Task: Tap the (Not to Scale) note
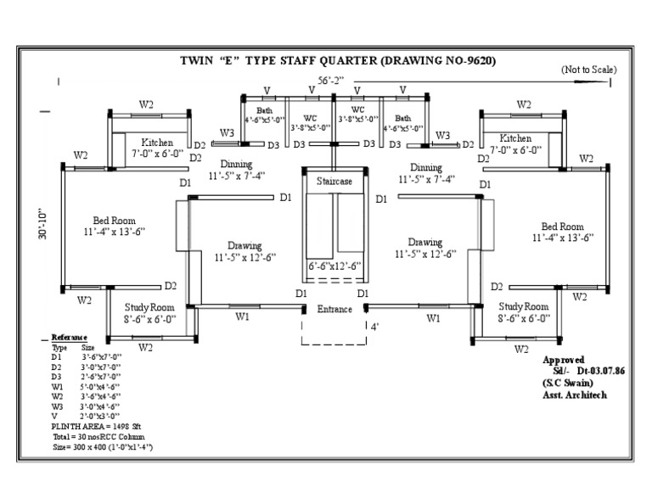589,70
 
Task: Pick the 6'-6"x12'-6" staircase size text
334,266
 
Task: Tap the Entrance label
334,310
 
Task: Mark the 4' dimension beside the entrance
374,326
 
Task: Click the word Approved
565,360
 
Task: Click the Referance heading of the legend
70,338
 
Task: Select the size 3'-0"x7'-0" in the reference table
101,367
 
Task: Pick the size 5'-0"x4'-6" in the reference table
101,386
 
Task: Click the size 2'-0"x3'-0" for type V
101,415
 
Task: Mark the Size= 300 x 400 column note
102,445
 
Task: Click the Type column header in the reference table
59,348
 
